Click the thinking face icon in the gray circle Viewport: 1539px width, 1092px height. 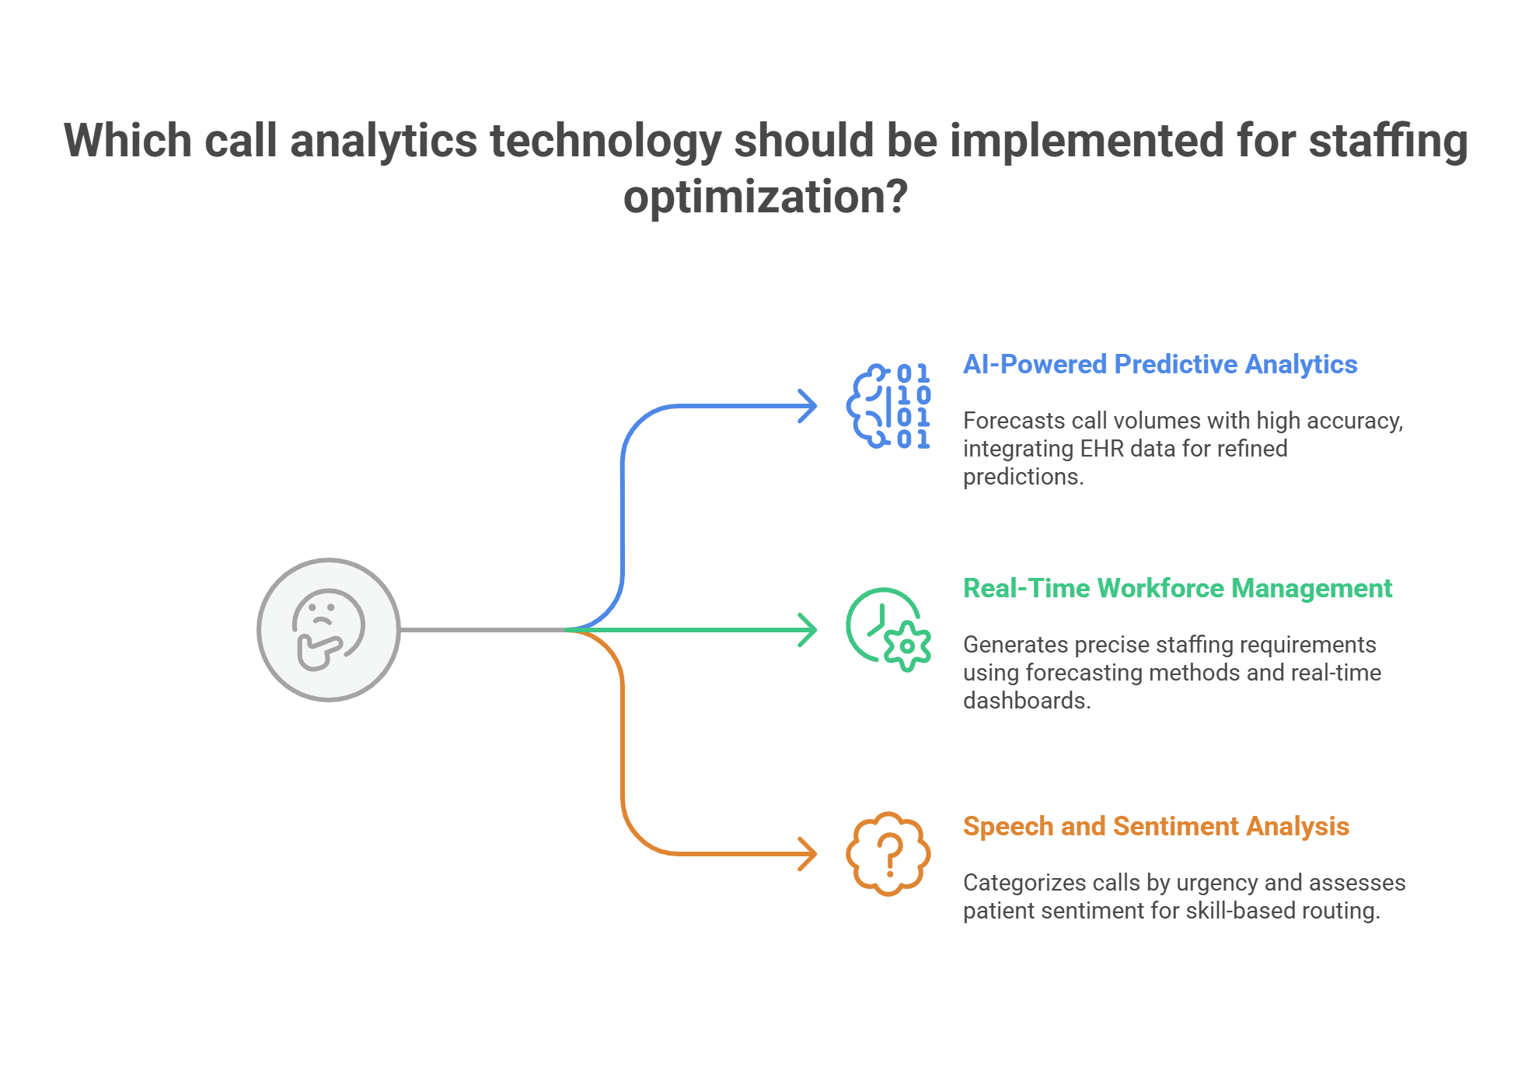(x=328, y=629)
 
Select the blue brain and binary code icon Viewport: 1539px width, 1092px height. (x=888, y=405)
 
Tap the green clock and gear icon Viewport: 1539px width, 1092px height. (x=887, y=628)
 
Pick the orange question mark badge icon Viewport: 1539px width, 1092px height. (x=888, y=853)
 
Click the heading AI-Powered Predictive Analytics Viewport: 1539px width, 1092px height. (x=1160, y=364)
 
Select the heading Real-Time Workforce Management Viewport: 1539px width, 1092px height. (x=1177, y=588)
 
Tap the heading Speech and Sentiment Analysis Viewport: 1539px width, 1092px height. (x=1156, y=826)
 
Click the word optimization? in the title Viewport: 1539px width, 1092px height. (x=766, y=197)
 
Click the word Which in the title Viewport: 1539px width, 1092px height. (x=127, y=141)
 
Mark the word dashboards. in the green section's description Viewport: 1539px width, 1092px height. (x=1027, y=701)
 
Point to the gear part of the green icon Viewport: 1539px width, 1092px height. (x=907, y=646)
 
